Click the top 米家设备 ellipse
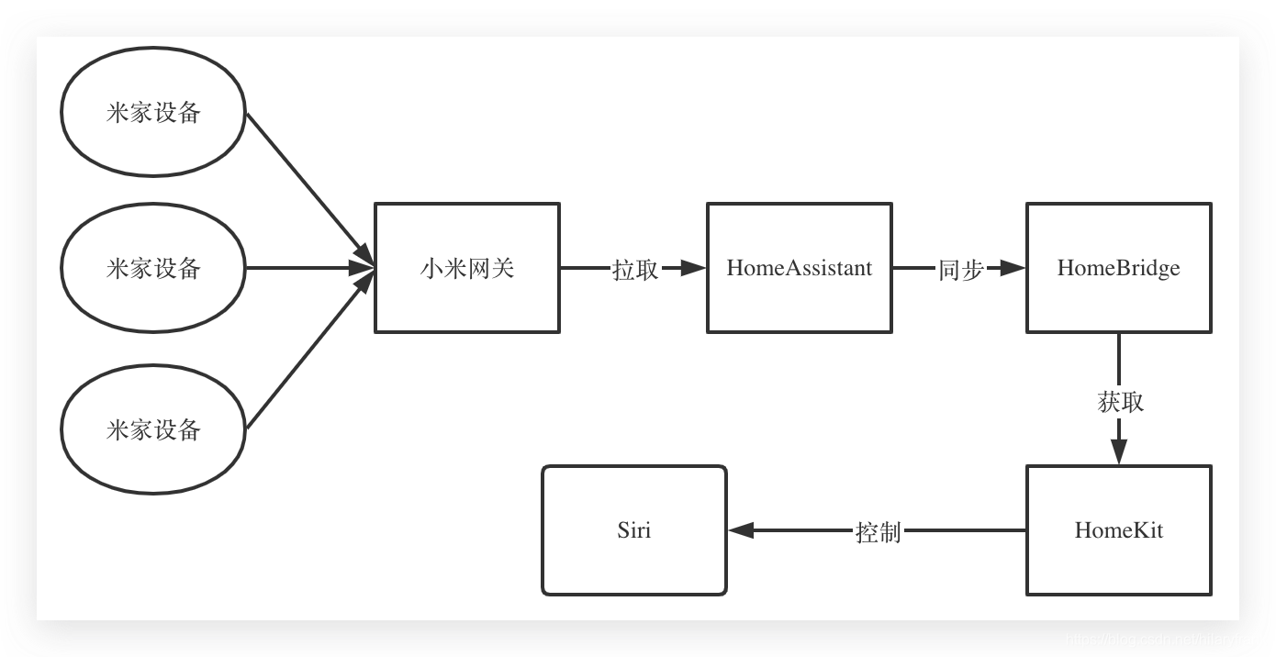[153, 112]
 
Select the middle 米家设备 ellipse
[153, 268]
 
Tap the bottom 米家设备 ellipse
[153, 429]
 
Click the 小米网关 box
[467, 268]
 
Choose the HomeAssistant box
[799, 268]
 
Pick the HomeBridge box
[1118, 268]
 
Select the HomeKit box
[1118, 530]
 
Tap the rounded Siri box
[634, 530]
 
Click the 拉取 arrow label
[635, 269]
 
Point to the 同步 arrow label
[960, 269]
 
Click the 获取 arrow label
[1120, 402]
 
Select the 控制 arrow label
[878, 531]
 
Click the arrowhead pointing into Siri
[741, 530]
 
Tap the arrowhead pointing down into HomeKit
[1118, 451]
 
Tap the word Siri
[634, 530]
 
